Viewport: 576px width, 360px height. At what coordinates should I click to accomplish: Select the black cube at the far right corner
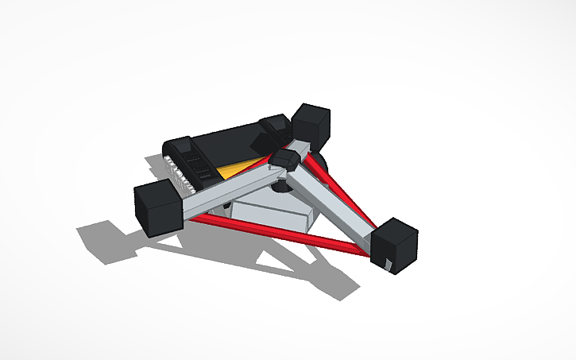pyautogui.click(x=395, y=245)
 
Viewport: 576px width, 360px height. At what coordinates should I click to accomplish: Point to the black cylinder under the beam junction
pyautogui.click(x=282, y=188)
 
